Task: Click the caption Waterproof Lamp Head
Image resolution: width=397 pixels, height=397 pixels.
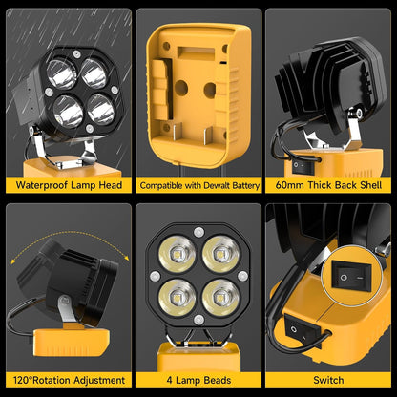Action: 67,185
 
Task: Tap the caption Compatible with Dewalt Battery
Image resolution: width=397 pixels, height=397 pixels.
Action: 198,185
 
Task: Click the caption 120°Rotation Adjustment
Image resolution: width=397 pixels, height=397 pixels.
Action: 67,379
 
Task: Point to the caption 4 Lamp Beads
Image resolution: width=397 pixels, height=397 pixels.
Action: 198,379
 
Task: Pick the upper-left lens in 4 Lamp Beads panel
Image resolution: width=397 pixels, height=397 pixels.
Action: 178,253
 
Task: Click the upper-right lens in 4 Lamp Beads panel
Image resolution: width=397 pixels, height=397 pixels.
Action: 219,253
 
